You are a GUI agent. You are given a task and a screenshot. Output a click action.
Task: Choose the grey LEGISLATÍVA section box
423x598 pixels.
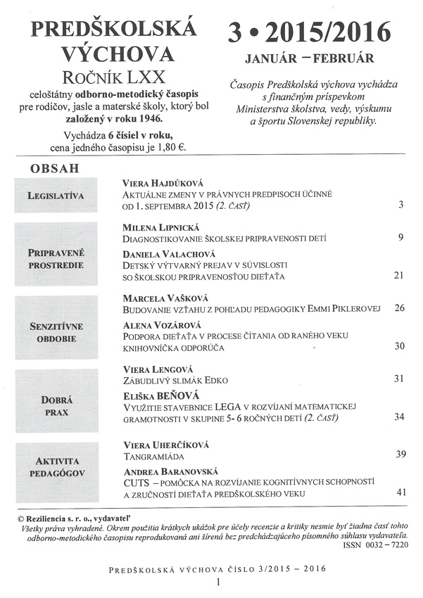pos(56,195)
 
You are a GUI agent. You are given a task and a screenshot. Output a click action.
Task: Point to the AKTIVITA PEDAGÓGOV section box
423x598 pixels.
pos(56,467)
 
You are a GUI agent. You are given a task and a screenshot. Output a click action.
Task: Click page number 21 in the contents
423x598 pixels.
pos(399,275)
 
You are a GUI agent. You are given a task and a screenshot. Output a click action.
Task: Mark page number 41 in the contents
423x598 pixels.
pos(401,492)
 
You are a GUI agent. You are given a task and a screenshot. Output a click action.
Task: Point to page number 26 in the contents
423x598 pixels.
pos(400,307)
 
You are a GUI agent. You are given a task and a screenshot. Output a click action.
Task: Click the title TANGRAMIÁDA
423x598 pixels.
pos(153,455)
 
